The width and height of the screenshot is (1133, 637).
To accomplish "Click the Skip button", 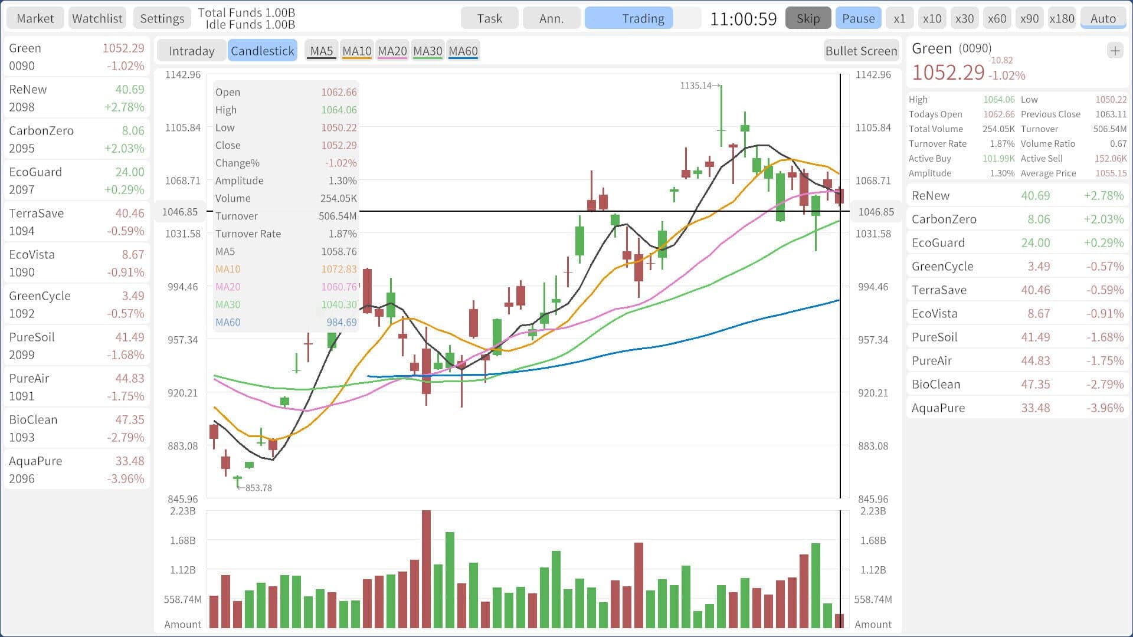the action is pyautogui.click(x=808, y=18).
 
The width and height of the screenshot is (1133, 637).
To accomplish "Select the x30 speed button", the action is pyautogui.click(x=964, y=18).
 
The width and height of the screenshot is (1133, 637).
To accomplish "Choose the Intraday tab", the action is pyautogui.click(x=191, y=51).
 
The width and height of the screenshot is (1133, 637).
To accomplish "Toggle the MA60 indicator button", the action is pyautogui.click(x=463, y=51).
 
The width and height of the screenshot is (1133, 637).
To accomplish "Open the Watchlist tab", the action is pyautogui.click(x=97, y=18).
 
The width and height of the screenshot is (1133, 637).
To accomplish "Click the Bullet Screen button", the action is pyautogui.click(x=861, y=51).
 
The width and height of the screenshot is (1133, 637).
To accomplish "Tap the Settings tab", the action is pyautogui.click(x=162, y=18).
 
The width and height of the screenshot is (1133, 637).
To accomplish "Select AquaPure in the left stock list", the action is pyautogui.click(x=77, y=469).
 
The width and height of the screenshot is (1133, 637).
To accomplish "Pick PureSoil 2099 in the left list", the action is pyautogui.click(x=77, y=346).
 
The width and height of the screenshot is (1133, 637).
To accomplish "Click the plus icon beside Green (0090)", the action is pyautogui.click(x=1115, y=51).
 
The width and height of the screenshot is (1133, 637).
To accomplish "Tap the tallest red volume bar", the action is pyautogui.click(x=426, y=569).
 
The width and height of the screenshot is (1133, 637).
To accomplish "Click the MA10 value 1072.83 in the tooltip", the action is pyautogui.click(x=339, y=269).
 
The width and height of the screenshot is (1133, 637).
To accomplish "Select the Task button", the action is pyautogui.click(x=490, y=18).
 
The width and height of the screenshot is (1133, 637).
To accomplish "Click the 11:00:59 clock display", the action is pyautogui.click(x=743, y=19).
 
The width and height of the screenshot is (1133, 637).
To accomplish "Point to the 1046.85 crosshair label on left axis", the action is pyautogui.click(x=181, y=212).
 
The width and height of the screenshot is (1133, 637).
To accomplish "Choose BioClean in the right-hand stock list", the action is pyautogui.click(x=1017, y=384).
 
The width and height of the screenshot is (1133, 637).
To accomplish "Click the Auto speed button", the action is pyautogui.click(x=1103, y=18).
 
